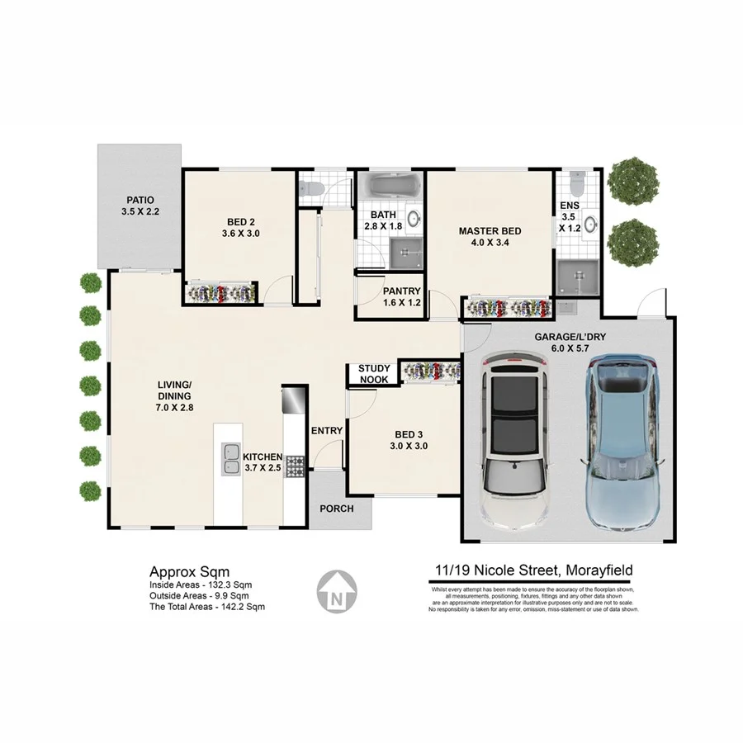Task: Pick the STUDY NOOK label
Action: click(x=373, y=374)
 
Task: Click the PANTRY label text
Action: click(x=402, y=291)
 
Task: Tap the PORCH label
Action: click(x=337, y=509)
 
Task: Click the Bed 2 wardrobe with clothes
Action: click(x=220, y=292)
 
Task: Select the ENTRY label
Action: click(x=327, y=431)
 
